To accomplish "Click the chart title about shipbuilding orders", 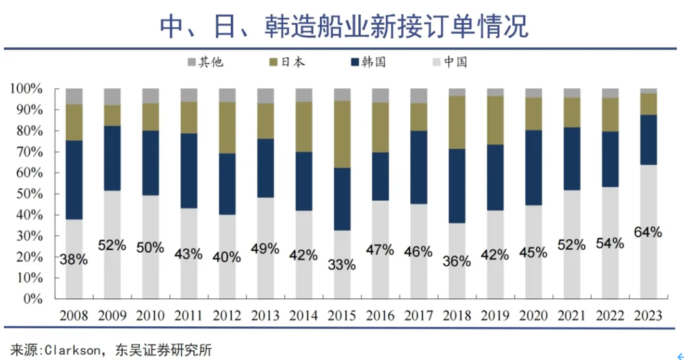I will [344, 27].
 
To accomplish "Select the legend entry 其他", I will [205, 62].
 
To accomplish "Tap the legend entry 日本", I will [287, 62].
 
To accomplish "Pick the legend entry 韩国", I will [368, 62].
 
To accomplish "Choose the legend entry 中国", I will [449, 62].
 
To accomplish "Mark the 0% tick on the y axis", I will [33, 300].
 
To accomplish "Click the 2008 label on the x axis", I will [73, 316].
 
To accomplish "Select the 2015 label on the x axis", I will [341, 316].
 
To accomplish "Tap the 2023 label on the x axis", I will [648, 316].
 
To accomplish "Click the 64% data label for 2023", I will [648, 232].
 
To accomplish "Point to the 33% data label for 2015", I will [341, 264].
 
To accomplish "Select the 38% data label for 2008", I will [73, 260].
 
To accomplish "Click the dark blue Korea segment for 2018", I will [456, 186].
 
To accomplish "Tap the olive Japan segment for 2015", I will [341, 135].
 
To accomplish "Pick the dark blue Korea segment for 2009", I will [112, 158].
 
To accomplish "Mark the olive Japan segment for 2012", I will [227, 128].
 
